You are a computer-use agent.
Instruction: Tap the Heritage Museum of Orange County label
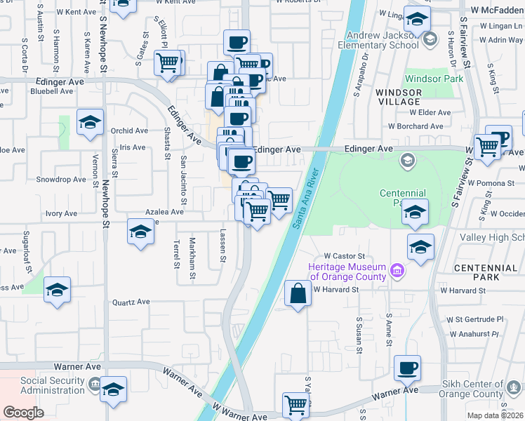pyautogui.click(x=347, y=271)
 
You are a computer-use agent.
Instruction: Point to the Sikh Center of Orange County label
pyautogui.click(x=473, y=389)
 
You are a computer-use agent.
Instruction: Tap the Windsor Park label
pyautogui.click(x=434, y=79)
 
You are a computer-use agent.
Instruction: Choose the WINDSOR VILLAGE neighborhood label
pyautogui.click(x=398, y=97)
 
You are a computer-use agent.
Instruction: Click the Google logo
pyautogui.click(x=23, y=413)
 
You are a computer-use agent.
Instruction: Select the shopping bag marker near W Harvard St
pyautogui.click(x=298, y=293)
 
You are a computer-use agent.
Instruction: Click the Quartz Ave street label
pyautogui.click(x=131, y=302)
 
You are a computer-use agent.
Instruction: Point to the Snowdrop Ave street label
pyautogui.click(x=61, y=180)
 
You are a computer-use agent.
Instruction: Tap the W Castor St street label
pyautogui.click(x=345, y=255)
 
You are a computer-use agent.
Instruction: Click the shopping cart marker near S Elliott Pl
pyautogui.click(x=168, y=62)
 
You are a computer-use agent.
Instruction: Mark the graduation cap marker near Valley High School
pyautogui.click(x=420, y=246)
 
